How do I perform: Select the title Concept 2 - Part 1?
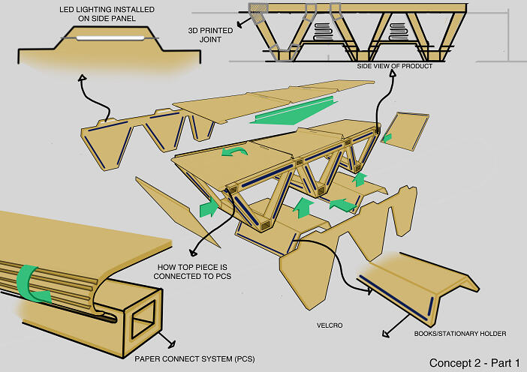coord(474,363)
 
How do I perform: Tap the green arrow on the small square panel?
coord(387,137)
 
